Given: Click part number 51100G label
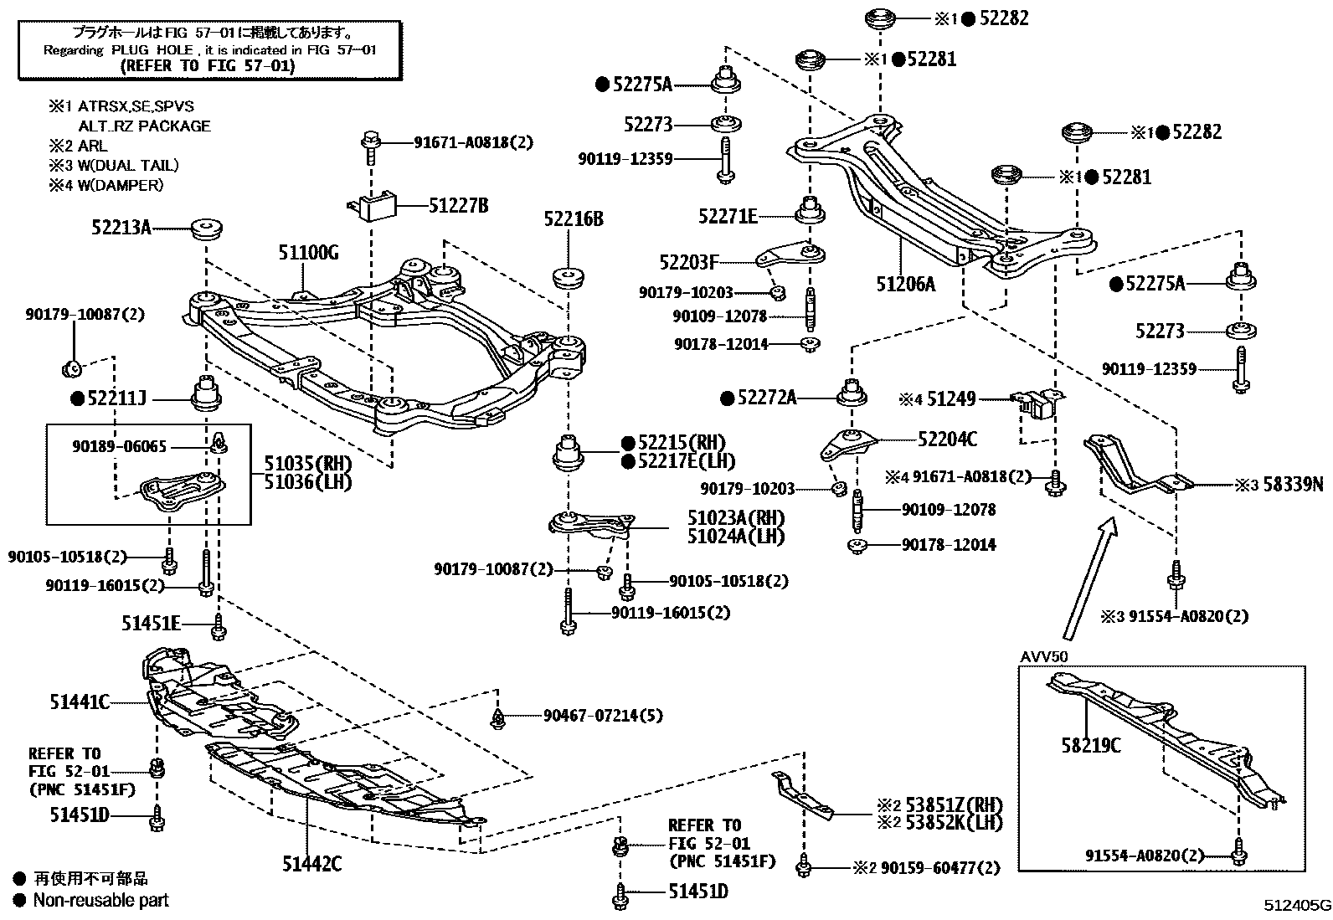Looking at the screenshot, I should (308, 252).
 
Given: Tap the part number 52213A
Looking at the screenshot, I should (121, 226).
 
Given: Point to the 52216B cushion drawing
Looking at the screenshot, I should (569, 277).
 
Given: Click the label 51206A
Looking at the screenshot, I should (905, 284).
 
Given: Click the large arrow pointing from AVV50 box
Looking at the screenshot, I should (1087, 578).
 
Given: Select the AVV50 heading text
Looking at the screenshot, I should (1044, 655).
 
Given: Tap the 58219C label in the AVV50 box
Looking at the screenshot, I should (1090, 744).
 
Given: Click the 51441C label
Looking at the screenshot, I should (80, 702).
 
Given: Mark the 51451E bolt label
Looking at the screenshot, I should (151, 622).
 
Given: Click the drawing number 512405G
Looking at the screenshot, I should (1297, 906).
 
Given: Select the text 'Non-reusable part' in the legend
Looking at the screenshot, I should (100, 901).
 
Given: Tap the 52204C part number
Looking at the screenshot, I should (947, 439).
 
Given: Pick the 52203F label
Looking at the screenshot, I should (688, 262).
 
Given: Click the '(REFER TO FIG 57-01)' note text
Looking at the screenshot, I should (208, 66).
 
